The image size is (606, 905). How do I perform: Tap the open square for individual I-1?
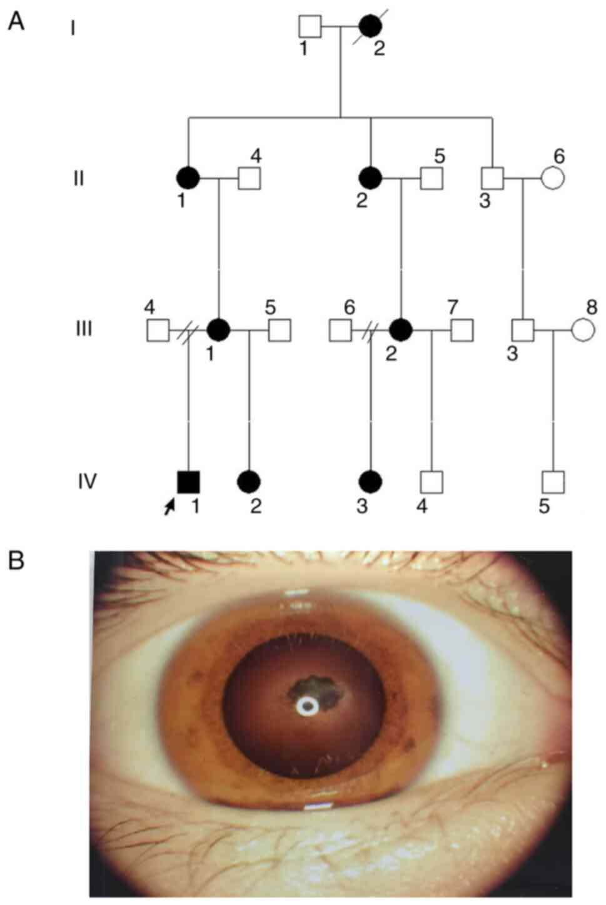pyautogui.click(x=310, y=26)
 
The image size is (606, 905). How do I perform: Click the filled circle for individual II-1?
pyautogui.click(x=188, y=178)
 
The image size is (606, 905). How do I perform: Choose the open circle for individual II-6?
pyautogui.click(x=553, y=178)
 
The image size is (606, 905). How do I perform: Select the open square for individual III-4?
pyautogui.click(x=158, y=330)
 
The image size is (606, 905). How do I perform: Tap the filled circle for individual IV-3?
pyautogui.click(x=370, y=481)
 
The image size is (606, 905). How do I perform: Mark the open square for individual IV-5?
pyautogui.click(x=553, y=482)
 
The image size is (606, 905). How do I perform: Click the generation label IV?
pyautogui.click(x=88, y=482)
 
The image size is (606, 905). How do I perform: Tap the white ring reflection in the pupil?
pyautogui.click(x=306, y=706)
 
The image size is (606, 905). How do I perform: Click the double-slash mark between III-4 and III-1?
pyautogui.click(x=186, y=330)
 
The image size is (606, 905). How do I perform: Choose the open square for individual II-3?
pyautogui.click(x=492, y=178)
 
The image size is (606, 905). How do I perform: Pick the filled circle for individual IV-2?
pyautogui.click(x=249, y=481)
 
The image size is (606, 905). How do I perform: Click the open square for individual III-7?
pyautogui.click(x=462, y=330)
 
